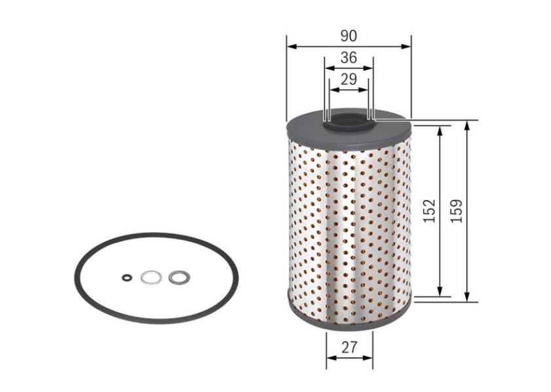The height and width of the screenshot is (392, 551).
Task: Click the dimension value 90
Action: (x=349, y=36)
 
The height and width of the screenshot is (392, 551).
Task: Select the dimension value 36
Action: (x=349, y=58)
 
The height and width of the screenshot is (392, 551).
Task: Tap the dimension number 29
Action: (x=349, y=79)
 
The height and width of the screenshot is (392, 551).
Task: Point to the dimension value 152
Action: (x=429, y=211)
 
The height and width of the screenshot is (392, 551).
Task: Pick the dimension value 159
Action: (x=457, y=211)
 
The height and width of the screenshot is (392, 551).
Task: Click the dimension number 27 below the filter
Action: (x=349, y=347)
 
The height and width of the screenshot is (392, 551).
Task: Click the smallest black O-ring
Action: (x=127, y=278)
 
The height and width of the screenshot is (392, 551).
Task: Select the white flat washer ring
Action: (x=151, y=278)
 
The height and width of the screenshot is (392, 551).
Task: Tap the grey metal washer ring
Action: (x=180, y=277)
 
